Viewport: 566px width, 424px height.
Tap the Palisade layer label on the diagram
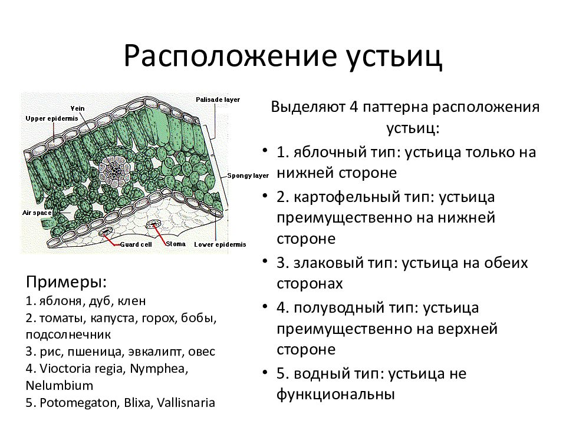(218, 100)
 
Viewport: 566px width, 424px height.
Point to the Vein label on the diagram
(78, 109)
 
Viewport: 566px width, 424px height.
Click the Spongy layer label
(248, 175)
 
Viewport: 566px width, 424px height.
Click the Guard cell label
(137, 244)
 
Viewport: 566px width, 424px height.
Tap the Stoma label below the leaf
(176, 243)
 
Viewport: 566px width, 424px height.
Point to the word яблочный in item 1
(320, 152)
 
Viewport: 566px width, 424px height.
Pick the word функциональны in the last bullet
(334, 393)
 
